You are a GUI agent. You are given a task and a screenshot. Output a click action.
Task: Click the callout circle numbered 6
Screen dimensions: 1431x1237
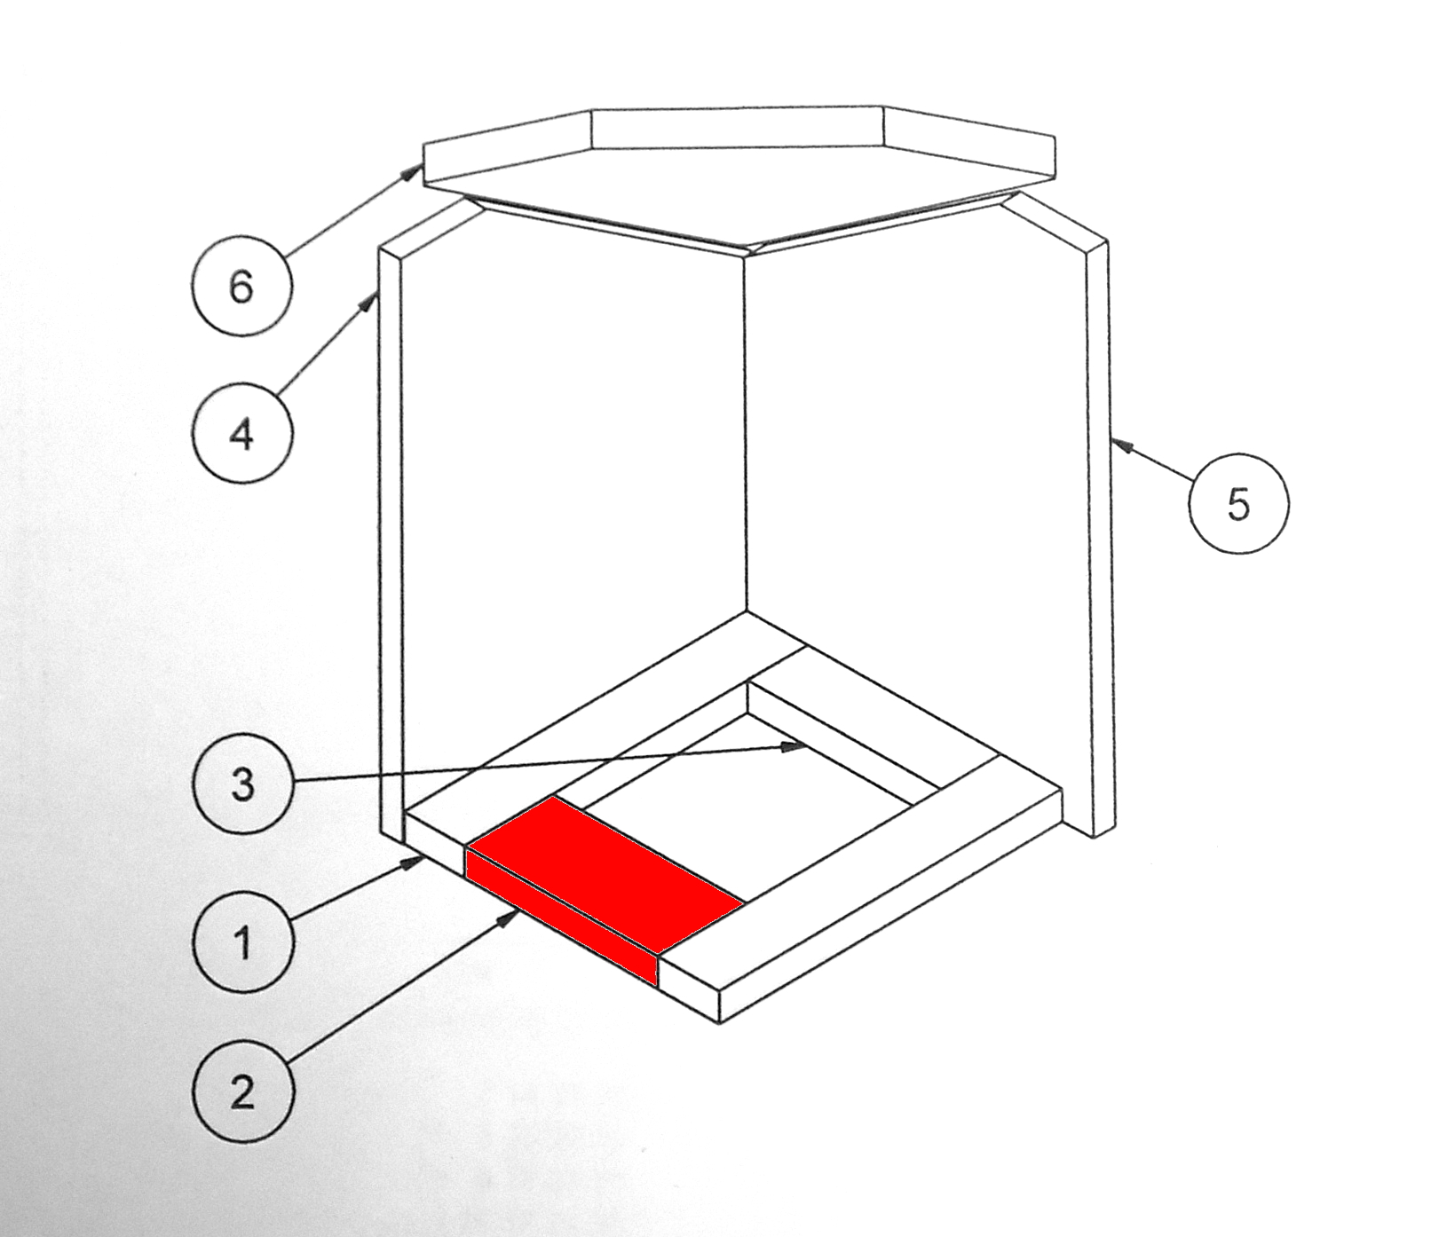(x=241, y=286)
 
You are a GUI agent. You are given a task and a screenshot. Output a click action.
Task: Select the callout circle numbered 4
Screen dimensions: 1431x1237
(x=241, y=434)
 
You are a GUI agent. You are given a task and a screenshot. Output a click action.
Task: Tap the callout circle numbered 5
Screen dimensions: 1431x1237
(x=1238, y=503)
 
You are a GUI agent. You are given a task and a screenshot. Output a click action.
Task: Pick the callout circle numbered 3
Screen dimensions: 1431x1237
(x=241, y=784)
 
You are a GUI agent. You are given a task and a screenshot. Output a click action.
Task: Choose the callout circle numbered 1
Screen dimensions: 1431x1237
(x=241, y=942)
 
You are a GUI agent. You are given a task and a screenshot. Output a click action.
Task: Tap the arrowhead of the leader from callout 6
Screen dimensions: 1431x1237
(x=413, y=170)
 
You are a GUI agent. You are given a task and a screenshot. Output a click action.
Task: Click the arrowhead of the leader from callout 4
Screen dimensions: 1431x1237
(x=368, y=303)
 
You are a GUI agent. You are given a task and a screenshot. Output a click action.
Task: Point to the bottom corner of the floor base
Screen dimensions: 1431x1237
(x=719, y=1023)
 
